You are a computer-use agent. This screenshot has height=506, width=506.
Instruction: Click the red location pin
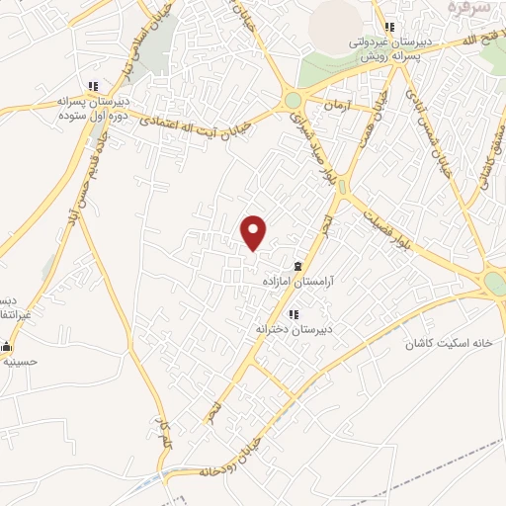click(254, 231)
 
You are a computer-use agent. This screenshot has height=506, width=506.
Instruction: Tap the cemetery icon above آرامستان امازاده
click(297, 266)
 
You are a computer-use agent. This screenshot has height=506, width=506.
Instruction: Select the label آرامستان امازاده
click(297, 282)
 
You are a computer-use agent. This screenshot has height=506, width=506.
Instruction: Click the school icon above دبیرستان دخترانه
click(293, 314)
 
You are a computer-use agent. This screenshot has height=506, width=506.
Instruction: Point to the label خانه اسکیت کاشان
click(449, 343)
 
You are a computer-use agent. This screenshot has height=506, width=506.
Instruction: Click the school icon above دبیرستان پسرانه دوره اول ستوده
click(93, 86)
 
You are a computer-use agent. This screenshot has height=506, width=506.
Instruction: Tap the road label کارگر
click(161, 431)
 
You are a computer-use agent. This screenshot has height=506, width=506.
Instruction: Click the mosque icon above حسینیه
click(6, 346)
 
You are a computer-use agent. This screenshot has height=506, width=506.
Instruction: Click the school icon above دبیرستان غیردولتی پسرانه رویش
click(389, 27)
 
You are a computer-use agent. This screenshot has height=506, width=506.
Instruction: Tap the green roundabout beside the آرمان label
click(293, 101)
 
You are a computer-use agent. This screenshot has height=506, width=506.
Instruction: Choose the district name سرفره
click(468, 8)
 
